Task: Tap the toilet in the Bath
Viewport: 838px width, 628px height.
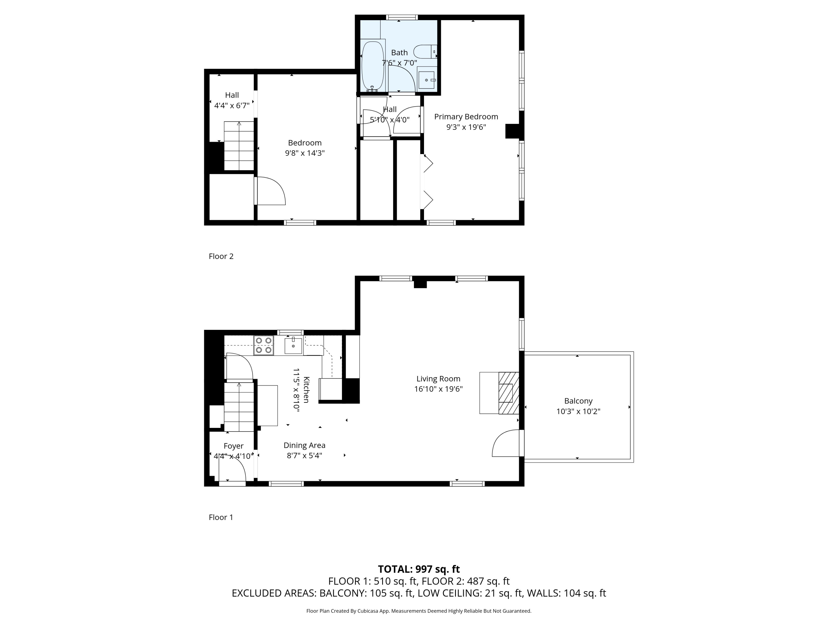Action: pyautogui.click(x=425, y=51)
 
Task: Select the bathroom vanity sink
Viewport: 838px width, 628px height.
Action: pyautogui.click(x=427, y=80)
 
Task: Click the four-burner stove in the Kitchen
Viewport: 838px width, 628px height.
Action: pyautogui.click(x=264, y=345)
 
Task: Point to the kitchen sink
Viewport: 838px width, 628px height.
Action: pyautogui.click(x=293, y=346)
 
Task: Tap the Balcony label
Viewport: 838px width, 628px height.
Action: pyautogui.click(x=578, y=401)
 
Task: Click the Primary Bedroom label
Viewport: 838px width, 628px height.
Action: pyautogui.click(x=466, y=117)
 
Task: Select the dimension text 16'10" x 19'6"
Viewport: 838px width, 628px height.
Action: pyautogui.click(x=438, y=389)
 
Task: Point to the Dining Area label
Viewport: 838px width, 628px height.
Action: pyautogui.click(x=304, y=445)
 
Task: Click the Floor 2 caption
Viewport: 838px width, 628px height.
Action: pyautogui.click(x=221, y=256)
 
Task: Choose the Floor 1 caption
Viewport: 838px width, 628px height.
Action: pyautogui.click(x=221, y=517)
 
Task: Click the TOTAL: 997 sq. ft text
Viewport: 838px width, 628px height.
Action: pyautogui.click(x=419, y=569)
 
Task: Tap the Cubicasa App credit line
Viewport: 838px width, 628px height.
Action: pyautogui.click(x=419, y=611)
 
